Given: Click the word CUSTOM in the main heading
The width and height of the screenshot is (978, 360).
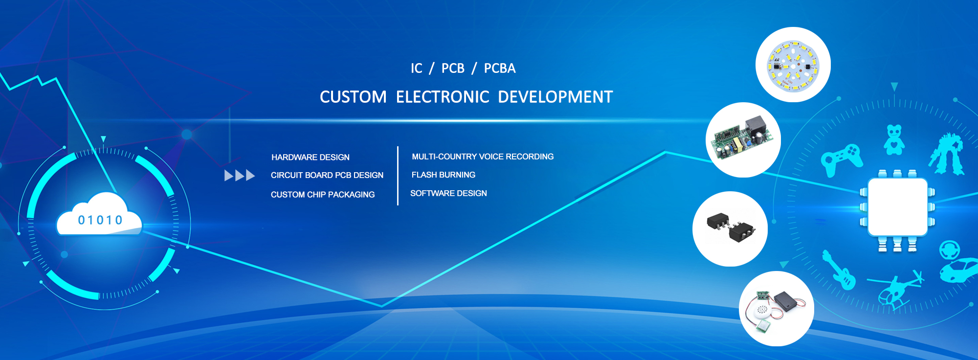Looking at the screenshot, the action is [x=353, y=97].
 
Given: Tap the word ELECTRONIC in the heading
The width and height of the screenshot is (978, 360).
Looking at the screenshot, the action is [x=443, y=97].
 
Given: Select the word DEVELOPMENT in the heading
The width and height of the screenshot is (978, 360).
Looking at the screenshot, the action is [x=555, y=97].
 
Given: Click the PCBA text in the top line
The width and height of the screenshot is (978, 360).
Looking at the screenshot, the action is [x=500, y=68].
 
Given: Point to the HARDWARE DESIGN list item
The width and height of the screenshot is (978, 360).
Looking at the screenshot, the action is [x=311, y=157].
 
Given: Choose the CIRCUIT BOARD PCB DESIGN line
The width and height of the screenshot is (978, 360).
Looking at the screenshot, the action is [x=327, y=175].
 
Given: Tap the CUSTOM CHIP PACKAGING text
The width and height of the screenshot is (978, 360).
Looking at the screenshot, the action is [x=323, y=195].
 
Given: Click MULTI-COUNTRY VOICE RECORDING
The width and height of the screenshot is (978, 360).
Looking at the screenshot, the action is [x=483, y=157].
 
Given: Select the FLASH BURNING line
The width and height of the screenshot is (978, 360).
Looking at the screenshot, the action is [x=444, y=175].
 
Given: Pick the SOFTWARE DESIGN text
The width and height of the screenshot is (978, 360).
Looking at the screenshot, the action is [x=448, y=193].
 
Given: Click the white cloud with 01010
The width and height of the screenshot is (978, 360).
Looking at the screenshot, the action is [x=99, y=215].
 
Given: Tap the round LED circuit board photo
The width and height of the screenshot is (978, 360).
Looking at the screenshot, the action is [x=793, y=65].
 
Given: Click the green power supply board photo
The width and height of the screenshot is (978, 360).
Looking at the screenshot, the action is [x=743, y=140].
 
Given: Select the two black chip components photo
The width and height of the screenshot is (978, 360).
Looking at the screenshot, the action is [x=730, y=229].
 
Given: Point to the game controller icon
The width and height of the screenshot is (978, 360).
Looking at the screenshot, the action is [x=842, y=159].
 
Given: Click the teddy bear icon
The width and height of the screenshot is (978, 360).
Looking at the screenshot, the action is [x=894, y=140].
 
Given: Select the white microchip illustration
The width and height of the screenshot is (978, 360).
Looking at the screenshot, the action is [x=897, y=207].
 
